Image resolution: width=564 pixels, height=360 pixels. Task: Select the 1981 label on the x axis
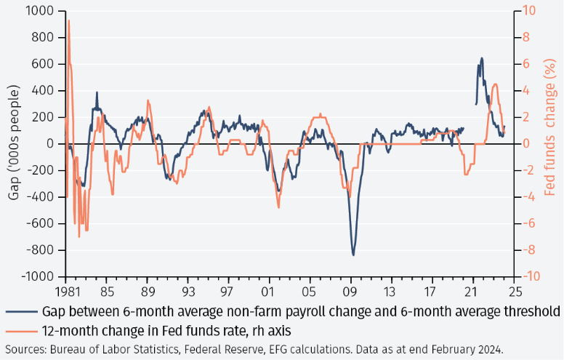click(65, 288)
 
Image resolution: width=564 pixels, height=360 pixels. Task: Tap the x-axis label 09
click(351, 288)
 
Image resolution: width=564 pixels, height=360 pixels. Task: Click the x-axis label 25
click(515, 288)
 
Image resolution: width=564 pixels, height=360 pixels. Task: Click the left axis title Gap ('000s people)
click(12, 144)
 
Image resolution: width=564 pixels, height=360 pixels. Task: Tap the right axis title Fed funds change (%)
click(551, 144)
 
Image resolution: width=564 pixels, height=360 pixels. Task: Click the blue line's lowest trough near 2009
click(353, 255)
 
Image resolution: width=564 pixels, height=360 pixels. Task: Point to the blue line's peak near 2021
click(482, 58)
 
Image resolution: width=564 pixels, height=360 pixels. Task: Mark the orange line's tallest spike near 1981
click(68, 21)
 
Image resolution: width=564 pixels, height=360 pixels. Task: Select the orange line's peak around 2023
click(495, 84)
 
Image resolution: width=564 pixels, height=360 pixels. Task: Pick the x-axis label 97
click(228, 288)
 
